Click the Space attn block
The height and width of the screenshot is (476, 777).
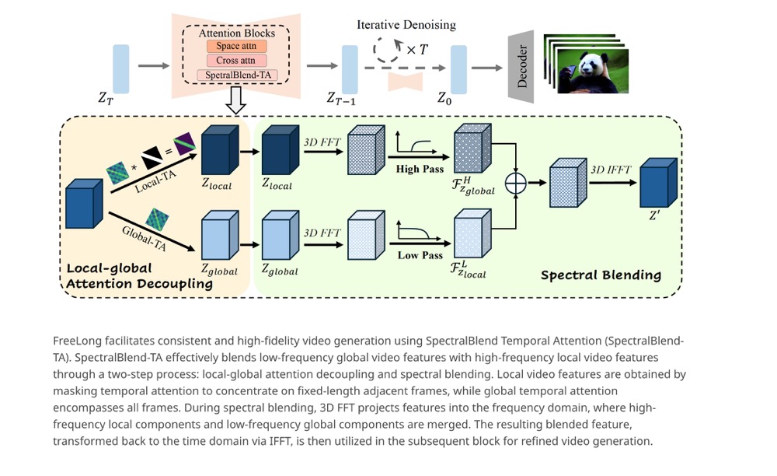coord(236,47)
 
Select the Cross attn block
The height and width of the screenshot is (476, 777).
coord(236,61)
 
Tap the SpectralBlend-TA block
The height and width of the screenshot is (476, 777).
coord(236,75)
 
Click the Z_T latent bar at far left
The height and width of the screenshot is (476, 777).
coord(121,68)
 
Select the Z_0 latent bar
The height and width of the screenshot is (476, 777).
coord(458,68)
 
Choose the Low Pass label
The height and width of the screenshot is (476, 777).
coord(420,255)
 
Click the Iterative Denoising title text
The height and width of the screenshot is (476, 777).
coord(406,25)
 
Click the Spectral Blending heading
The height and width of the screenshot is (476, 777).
coord(601,275)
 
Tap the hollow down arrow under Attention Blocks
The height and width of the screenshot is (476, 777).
coord(236,100)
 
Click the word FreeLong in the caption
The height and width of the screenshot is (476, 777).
coord(75,341)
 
